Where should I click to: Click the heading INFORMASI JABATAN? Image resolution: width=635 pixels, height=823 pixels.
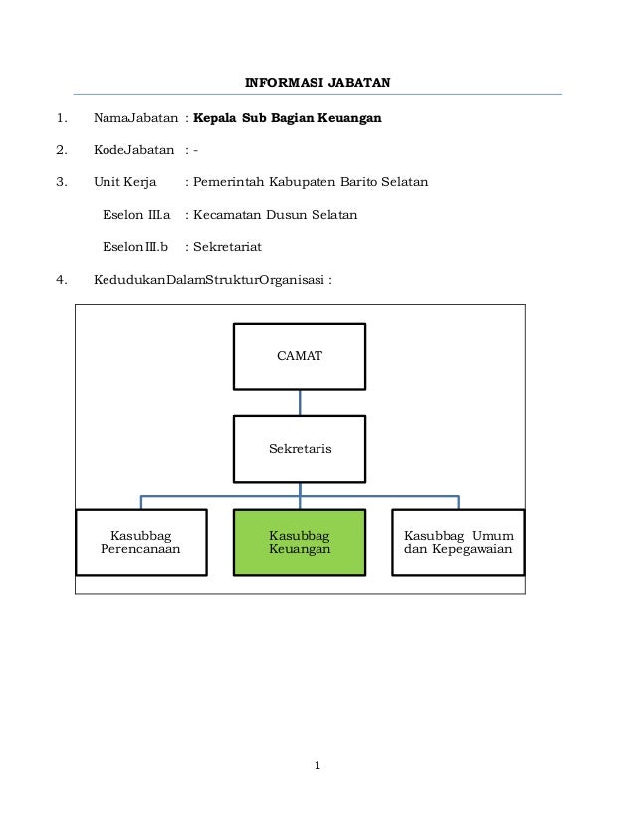(x=317, y=81)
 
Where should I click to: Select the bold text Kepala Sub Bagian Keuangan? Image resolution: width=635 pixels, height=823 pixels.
(x=288, y=118)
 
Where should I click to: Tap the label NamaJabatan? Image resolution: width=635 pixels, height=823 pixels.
(x=135, y=118)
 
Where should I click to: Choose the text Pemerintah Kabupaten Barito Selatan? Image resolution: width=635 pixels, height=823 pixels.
(x=311, y=182)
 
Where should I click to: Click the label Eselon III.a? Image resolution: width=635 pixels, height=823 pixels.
(x=137, y=214)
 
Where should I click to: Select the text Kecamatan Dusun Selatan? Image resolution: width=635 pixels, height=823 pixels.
(x=275, y=214)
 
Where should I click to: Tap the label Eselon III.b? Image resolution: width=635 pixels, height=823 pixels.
(x=136, y=246)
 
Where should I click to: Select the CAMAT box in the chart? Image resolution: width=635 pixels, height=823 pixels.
(x=300, y=356)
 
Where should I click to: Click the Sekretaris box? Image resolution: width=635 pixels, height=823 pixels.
(x=300, y=449)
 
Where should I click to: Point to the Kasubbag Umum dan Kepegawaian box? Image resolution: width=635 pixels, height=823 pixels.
(x=458, y=543)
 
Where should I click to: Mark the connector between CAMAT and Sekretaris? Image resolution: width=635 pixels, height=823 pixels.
(x=300, y=403)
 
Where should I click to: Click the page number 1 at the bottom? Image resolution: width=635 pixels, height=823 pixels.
(x=317, y=766)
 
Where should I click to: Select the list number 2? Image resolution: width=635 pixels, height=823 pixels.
(x=62, y=150)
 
